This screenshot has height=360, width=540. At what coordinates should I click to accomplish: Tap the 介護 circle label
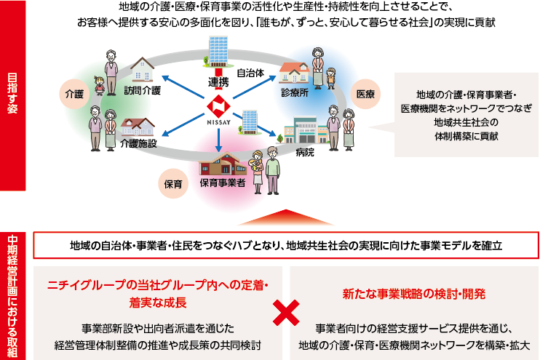pos(74,95)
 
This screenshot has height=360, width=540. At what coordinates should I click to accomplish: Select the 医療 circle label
pos(366,94)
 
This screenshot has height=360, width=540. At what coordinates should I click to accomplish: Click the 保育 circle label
pos(172,183)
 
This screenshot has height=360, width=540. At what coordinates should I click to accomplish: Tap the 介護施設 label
pos(138,143)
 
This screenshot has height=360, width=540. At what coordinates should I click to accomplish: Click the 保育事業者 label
pos(222,183)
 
